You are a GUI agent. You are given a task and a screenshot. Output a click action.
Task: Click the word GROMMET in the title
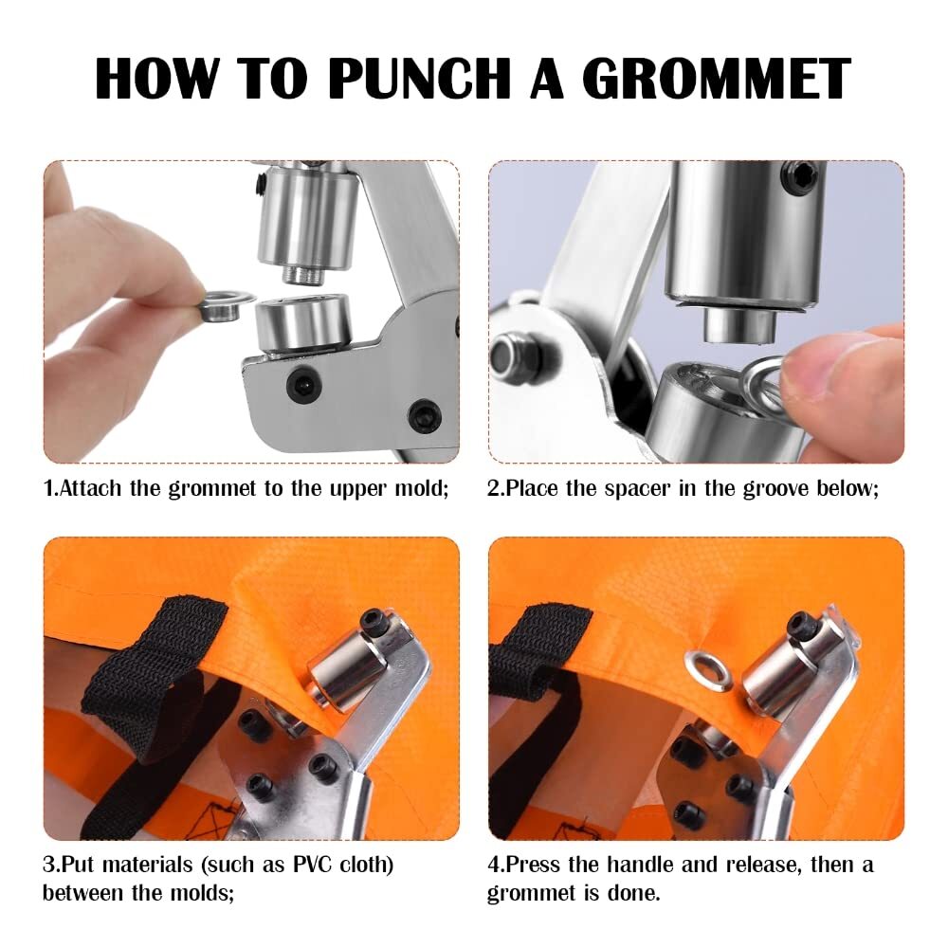(717, 79)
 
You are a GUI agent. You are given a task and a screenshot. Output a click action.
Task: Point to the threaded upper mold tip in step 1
(304, 275)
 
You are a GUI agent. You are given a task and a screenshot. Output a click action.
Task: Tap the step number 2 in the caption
(492, 489)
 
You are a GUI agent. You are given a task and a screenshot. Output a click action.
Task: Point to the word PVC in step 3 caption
(313, 865)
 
